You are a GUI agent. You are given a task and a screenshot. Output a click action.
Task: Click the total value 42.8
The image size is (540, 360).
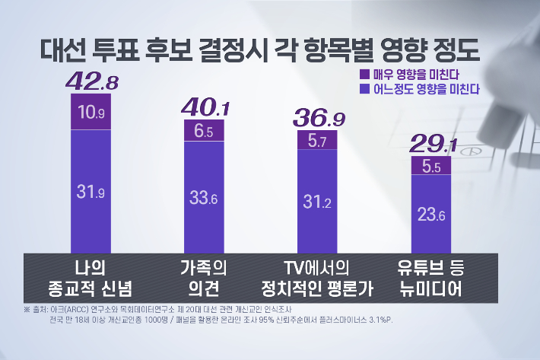click(x=91, y=80)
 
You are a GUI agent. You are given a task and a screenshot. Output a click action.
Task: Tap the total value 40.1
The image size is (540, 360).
click(x=205, y=107)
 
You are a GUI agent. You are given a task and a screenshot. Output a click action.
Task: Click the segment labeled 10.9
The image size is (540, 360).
click(x=91, y=112)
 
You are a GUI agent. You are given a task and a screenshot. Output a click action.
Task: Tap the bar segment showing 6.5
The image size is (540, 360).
click(x=205, y=131)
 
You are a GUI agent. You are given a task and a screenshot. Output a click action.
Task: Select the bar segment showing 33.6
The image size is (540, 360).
click(x=205, y=199)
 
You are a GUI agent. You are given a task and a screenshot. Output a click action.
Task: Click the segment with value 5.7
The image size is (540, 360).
click(x=317, y=139)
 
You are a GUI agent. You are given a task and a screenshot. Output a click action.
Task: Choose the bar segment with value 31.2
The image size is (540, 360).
click(x=317, y=201)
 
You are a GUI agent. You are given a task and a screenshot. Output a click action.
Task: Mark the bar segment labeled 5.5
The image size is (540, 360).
click(x=431, y=165)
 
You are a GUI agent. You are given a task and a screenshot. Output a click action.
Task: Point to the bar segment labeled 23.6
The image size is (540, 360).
click(x=431, y=215)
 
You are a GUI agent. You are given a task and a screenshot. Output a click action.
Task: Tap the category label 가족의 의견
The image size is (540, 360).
click(x=204, y=278)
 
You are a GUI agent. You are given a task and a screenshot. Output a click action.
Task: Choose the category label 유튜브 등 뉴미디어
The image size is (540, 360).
click(x=431, y=278)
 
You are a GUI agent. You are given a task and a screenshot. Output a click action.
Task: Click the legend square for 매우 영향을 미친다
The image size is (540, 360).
click(x=363, y=75)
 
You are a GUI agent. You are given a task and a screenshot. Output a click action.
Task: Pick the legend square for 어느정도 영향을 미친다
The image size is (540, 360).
click(x=363, y=89)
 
